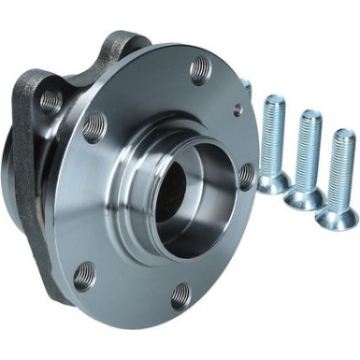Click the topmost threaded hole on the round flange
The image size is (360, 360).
[x=200, y=68]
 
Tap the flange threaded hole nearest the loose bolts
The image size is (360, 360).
[x=246, y=176]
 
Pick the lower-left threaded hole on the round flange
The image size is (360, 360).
[x=84, y=275]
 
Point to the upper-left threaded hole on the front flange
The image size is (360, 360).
[x=94, y=125]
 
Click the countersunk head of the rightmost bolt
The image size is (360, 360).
[x=336, y=216]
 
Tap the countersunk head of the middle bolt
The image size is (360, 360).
[x=305, y=195]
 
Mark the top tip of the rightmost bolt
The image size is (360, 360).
[x=342, y=133]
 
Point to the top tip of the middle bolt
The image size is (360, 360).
[x=310, y=114]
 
